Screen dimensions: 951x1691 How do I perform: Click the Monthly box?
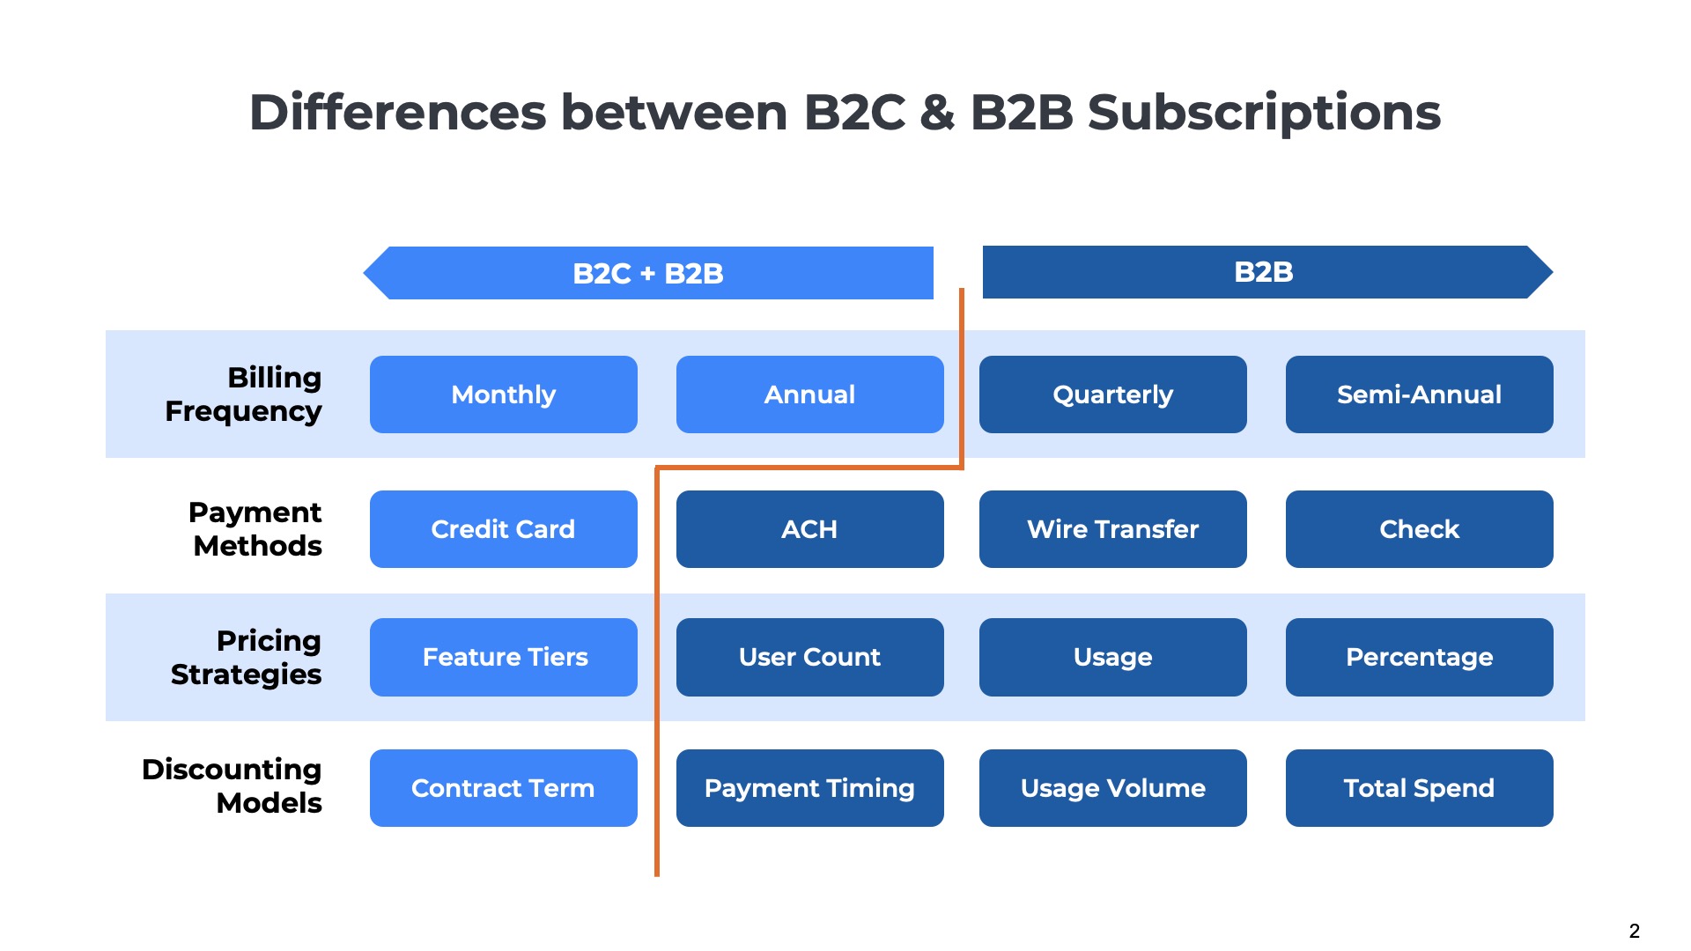tap(503, 394)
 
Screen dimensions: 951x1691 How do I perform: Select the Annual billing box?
tap(809, 394)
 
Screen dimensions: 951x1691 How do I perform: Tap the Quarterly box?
tap(1112, 394)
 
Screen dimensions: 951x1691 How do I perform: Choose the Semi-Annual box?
tap(1419, 394)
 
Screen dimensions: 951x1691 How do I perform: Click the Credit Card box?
tap(503, 529)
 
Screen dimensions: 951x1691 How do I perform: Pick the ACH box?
tap(809, 529)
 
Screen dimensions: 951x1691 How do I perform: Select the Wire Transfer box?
tap(1112, 529)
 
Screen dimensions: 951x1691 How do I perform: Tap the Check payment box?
tap(1419, 529)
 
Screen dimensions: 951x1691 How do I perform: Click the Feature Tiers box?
tap(503, 657)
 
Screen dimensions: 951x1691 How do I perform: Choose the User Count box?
tap(809, 657)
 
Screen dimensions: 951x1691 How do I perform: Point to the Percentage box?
tap(1419, 657)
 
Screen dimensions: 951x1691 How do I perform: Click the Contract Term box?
tap(503, 788)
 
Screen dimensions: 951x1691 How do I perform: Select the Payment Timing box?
tap(809, 788)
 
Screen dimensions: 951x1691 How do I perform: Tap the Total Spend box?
tap(1419, 788)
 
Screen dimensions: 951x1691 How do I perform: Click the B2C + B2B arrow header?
tap(648, 273)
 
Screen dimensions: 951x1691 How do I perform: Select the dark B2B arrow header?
tap(1264, 272)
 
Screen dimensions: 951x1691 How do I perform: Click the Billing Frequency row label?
tap(244, 394)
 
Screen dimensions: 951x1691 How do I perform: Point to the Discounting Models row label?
tap(233, 786)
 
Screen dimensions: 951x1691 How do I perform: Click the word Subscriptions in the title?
tap(1264, 113)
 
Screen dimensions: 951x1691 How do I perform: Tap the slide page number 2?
tap(1634, 931)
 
